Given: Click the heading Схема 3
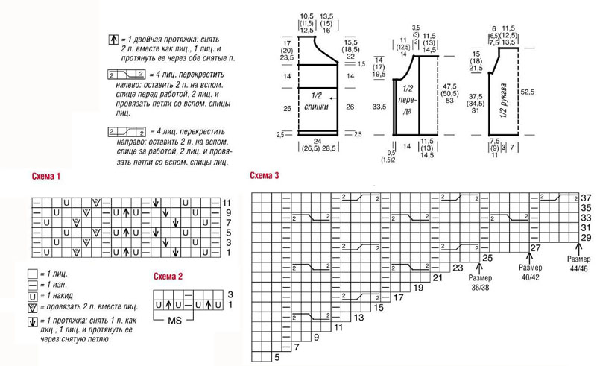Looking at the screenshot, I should click(x=265, y=177).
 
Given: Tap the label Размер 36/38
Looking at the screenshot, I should click(x=485, y=282).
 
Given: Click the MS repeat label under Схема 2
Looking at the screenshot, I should click(x=176, y=320).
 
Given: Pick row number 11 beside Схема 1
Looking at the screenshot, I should click(x=227, y=202).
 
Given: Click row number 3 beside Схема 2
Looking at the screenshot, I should click(x=230, y=295).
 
